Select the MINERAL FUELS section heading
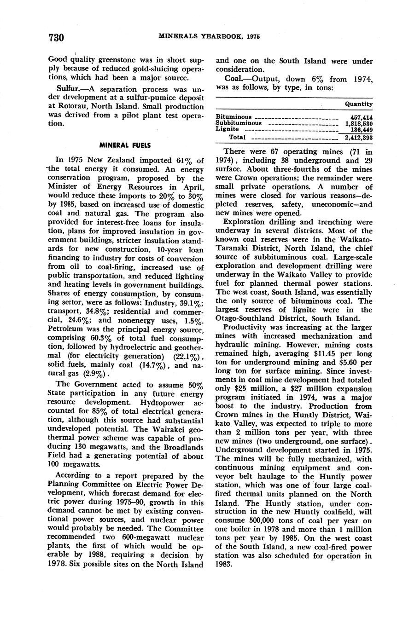pos(125,145)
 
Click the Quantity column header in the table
pos(358,104)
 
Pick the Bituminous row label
pos(234,117)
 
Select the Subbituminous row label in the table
pos(239,123)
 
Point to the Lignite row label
pos(227,129)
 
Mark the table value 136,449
pos(361,130)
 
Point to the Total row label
pos(238,137)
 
